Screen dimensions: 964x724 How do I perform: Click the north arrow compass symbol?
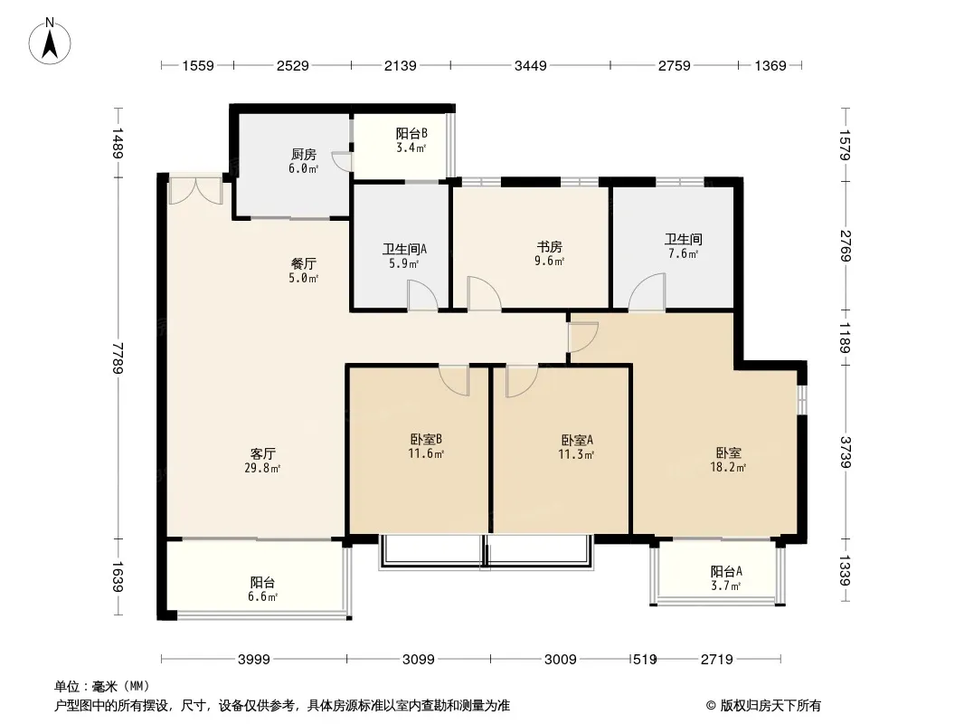[x=50, y=42]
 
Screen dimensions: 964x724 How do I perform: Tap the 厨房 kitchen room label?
[x=304, y=155]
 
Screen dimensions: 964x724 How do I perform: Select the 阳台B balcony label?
[x=411, y=133]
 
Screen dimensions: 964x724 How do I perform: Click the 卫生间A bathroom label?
[x=404, y=249]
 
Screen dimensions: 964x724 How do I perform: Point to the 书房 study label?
[x=550, y=247]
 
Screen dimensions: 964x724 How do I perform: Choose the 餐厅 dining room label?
[x=304, y=264]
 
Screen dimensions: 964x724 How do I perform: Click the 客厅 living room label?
[x=262, y=454]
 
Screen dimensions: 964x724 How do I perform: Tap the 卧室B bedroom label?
[x=426, y=439]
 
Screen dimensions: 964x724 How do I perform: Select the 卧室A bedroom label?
[x=577, y=441]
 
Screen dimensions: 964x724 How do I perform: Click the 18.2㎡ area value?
[x=729, y=468]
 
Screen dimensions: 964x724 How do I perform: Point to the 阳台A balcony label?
[x=726, y=571]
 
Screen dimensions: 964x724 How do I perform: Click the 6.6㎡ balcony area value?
[x=262, y=596]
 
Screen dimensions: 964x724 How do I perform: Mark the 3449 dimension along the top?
[x=530, y=65]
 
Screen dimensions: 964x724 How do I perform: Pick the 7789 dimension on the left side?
[x=118, y=357]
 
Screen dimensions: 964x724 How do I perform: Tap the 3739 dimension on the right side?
[x=846, y=452]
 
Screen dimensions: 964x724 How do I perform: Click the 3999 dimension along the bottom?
[x=254, y=660]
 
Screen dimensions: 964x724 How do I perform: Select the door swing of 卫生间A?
[x=422, y=295]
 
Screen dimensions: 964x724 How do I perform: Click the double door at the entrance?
[x=195, y=191]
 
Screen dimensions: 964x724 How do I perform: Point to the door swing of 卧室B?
[x=454, y=380]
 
